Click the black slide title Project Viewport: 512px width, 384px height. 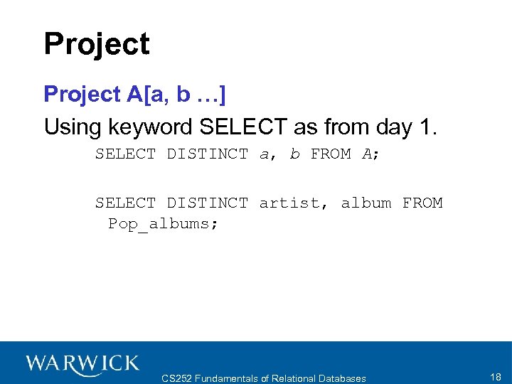97,44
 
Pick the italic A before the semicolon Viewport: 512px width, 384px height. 367,154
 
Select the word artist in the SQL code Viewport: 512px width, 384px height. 289,203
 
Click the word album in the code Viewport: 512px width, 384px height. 366,203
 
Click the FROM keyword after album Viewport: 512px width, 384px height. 422,203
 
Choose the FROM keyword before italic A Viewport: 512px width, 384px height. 331,154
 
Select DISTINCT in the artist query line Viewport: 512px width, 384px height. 208,203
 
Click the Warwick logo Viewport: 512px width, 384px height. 82,364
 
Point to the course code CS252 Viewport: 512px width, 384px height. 178,378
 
